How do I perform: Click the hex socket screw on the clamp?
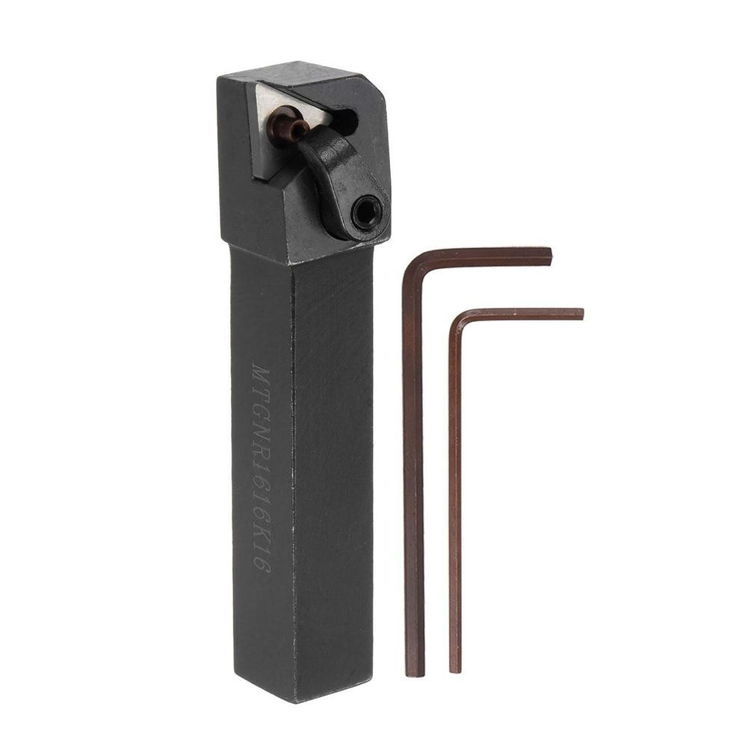[x=367, y=211]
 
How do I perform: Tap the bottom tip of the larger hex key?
[x=416, y=672]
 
